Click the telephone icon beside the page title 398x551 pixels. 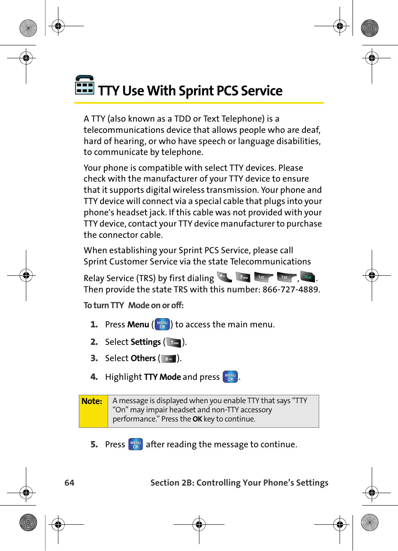85,85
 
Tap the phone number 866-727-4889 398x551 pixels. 290,289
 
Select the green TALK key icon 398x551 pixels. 308,277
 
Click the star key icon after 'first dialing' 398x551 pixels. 224,277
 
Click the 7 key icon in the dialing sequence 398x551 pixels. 243,277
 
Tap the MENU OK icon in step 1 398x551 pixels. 162,324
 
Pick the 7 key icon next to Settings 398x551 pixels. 174,342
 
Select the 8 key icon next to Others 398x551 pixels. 169,359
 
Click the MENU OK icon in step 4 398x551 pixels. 230,377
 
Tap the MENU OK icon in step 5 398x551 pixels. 136,444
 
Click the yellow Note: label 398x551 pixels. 92,401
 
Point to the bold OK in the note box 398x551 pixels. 197,419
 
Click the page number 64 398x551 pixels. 69,483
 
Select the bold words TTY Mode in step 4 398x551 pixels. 162,377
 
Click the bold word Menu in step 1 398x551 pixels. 138,324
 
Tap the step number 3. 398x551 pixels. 94,358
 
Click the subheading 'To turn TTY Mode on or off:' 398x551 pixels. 134,305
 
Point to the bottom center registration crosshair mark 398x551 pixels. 199,524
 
